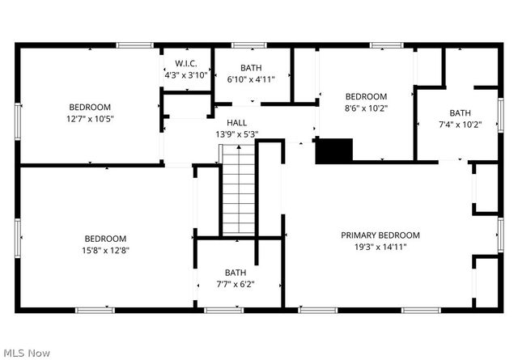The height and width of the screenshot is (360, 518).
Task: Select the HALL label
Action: (236, 122)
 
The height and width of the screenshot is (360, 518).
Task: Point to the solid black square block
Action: (334, 151)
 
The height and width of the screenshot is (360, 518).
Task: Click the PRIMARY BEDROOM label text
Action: (380, 235)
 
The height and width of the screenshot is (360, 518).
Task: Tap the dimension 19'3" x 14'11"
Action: (380, 247)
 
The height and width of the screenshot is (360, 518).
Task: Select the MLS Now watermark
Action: (27, 353)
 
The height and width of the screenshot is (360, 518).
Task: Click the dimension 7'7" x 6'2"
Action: (236, 284)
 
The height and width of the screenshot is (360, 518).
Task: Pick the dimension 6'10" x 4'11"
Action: (251, 79)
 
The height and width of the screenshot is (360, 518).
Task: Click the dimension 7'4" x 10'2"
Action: (460, 125)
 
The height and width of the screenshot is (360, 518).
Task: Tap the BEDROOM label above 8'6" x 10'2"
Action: (366, 96)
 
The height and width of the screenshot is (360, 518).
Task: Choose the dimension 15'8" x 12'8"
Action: (106, 250)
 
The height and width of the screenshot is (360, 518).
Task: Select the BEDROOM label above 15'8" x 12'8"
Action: (106, 239)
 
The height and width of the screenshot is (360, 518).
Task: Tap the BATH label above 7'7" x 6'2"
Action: (236, 273)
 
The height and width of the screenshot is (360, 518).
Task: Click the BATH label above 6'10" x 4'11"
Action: (251, 68)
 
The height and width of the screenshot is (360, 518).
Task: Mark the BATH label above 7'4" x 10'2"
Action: (460, 113)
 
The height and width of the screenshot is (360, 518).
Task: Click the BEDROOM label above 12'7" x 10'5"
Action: (90, 107)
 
